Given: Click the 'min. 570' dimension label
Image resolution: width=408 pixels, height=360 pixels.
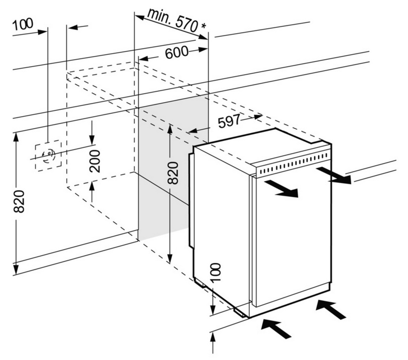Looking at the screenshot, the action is click(x=173, y=20).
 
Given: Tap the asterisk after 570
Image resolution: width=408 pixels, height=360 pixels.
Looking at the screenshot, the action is click(x=203, y=26).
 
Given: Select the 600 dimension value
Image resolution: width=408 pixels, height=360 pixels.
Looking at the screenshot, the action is click(x=177, y=53).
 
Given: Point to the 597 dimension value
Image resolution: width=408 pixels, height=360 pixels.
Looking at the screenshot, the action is click(x=229, y=121).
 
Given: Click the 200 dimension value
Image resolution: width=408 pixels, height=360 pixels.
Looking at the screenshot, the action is click(x=95, y=161).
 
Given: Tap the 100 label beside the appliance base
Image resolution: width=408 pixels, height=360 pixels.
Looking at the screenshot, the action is click(x=216, y=272).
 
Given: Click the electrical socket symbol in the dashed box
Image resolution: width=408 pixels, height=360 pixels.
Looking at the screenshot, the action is click(x=49, y=156).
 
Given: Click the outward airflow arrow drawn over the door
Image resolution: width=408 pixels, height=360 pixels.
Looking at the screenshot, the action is click(x=281, y=189).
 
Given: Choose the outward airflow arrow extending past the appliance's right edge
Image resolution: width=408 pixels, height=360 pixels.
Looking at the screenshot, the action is click(x=334, y=175).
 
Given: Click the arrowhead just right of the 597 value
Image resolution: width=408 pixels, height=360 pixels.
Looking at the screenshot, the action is click(x=258, y=117).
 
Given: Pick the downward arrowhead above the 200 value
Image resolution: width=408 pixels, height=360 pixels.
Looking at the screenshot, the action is click(x=92, y=140).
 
